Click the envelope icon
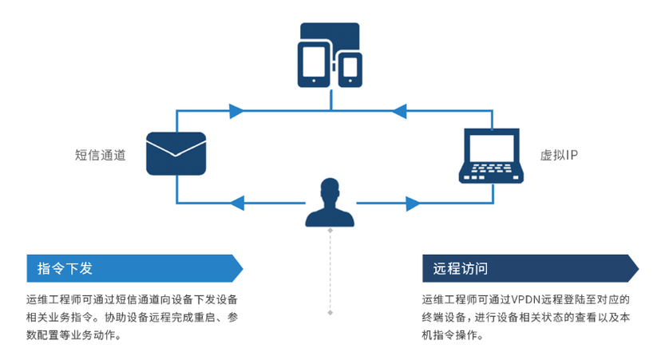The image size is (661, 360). pos(176,153)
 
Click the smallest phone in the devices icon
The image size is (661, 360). pos(350,69)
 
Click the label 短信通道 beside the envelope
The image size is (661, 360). pos(100,155)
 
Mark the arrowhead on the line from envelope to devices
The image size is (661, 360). pos(236,110)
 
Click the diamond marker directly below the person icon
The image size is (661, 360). pos(330,231)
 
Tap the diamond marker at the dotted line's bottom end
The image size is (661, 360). pos(330,312)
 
